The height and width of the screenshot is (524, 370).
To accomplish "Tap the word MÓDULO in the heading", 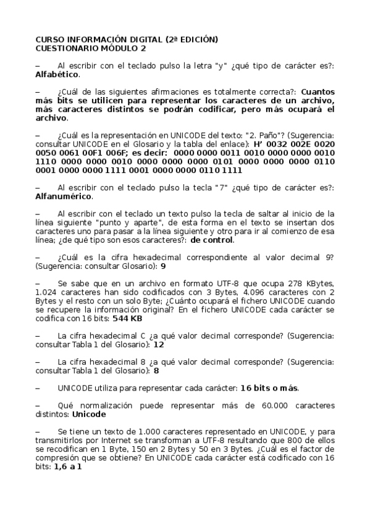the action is tap(112, 48).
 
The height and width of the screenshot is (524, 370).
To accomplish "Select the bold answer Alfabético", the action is tap(57, 74).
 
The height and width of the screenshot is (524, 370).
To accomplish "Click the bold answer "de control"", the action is tap(212, 240).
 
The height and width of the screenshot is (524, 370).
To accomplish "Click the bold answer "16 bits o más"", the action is tap(269, 388).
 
